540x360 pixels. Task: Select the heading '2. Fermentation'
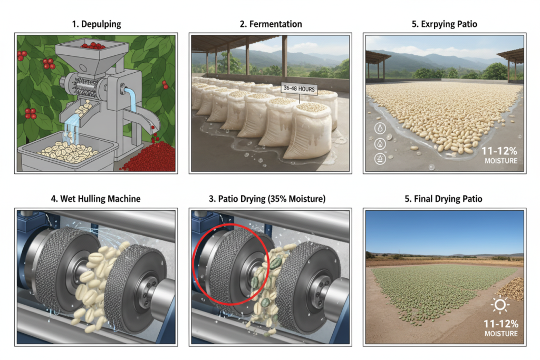pyautogui.click(x=269, y=24)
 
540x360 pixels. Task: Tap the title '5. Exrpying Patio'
pyautogui.click(x=443, y=24)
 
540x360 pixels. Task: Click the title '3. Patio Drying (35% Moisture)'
pyautogui.click(x=269, y=199)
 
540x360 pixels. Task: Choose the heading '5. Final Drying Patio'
pyautogui.click(x=443, y=199)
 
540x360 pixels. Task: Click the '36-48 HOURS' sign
pyautogui.click(x=298, y=89)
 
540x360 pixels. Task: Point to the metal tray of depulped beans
pyautogui.click(x=69, y=153)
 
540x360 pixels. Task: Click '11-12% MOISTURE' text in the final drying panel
pyautogui.click(x=498, y=327)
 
